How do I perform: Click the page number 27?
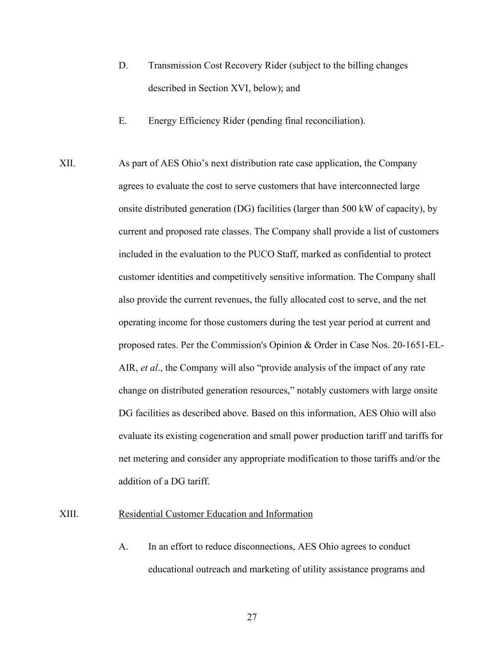[x=252, y=617]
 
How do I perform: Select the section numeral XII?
[x=67, y=163]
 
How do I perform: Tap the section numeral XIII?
[x=69, y=514]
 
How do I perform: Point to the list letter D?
[x=123, y=65]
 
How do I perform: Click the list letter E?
[x=123, y=121]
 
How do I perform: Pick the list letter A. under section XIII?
[x=123, y=546]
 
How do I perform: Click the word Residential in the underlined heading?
[x=140, y=514]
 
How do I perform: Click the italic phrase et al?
[x=150, y=368]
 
